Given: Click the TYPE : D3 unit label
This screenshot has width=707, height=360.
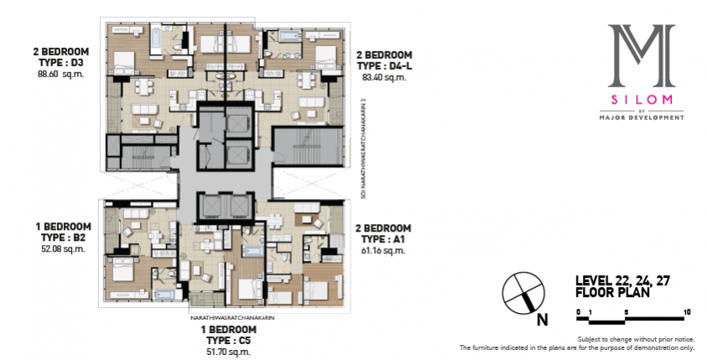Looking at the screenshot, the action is [60, 62].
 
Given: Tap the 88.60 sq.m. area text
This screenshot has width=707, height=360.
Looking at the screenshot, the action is [61, 74].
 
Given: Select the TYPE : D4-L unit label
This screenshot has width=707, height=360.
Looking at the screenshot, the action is [385, 65].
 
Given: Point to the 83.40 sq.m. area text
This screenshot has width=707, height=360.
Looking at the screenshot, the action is [384, 77].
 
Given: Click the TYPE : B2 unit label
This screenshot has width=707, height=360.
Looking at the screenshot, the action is [63, 237].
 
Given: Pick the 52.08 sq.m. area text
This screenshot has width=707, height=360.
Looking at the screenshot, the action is [63, 248].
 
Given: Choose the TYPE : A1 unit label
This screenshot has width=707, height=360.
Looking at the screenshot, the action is [382, 238].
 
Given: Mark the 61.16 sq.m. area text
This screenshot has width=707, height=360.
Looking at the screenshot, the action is [382, 250].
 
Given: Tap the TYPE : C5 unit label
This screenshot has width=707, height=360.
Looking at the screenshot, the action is [229, 340].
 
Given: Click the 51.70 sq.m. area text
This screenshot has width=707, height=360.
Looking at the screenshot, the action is [229, 352].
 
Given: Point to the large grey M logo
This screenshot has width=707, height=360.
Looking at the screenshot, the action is [642, 55].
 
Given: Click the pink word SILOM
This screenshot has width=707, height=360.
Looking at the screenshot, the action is [642, 100].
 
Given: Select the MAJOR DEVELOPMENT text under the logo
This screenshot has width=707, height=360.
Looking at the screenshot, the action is [642, 117].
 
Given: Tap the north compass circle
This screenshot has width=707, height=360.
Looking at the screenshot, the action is [523, 293].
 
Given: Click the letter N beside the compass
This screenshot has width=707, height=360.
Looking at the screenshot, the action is [543, 320].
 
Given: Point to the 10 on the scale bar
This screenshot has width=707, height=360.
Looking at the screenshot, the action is [687, 311].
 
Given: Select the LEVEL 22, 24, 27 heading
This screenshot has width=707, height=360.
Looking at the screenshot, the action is [622, 281].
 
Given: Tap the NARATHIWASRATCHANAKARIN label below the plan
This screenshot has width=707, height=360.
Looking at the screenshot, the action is [232, 318].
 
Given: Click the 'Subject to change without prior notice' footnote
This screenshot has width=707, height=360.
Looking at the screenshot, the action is [636, 339].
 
